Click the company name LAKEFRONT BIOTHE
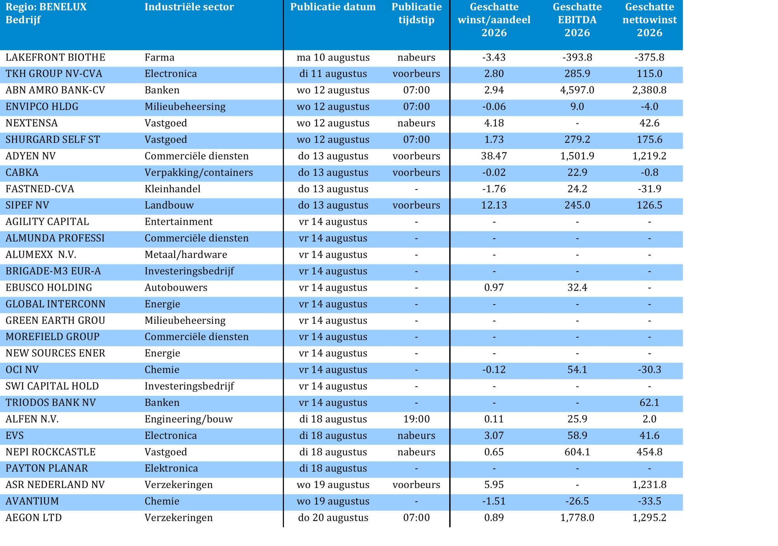pyautogui.click(x=55, y=58)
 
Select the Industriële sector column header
pyautogui.click(x=189, y=7)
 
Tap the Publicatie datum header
pyautogui.click(x=333, y=7)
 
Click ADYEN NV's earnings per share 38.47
pyautogui.click(x=494, y=156)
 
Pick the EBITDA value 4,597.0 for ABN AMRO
pyautogui.click(x=577, y=90)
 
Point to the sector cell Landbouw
pyautogui.click(x=169, y=205)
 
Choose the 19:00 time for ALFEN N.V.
pyautogui.click(x=416, y=419)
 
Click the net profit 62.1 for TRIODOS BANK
pyautogui.click(x=649, y=403)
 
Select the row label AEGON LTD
pyautogui.click(x=34, y=518)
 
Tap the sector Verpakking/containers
pyautogui.click(x=199, y=173)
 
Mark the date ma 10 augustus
pyautogui.click(x=333, y=58)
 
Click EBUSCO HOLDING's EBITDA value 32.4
pyautogui.click(x=577, y=288)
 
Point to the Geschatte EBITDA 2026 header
pyautogui.click(x=577, y=20)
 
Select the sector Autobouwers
pyautogui.click(x=176, y=288)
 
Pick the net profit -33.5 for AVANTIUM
pyautogui.click(x=649, y=501)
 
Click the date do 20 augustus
pyautogui.click(x=333, y=518)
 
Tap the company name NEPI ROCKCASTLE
pyautogui.click(x=51, y=452)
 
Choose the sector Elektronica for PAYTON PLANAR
pyautogui.click(x=171, y=469)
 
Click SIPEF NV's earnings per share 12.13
pyautogui.click(x=494, y=205)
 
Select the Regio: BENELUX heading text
pyautogui.click(x=46, y=7)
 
